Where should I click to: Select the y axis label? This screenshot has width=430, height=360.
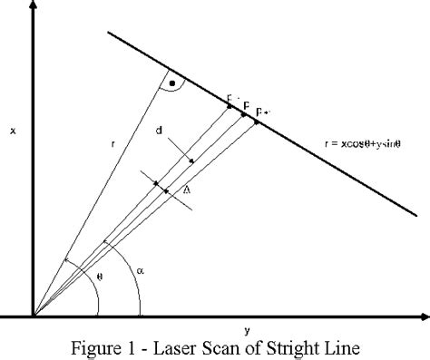pyautogui.click(x=247, y=329)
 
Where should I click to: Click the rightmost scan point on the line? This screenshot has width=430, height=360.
pyautogui.click(x=257, y=122)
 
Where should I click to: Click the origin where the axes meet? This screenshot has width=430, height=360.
pyautogui.click(x=34, y=316)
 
